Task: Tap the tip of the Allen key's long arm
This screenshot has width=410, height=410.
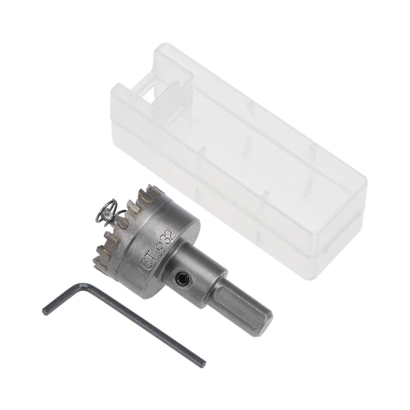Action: pos(202,364)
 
